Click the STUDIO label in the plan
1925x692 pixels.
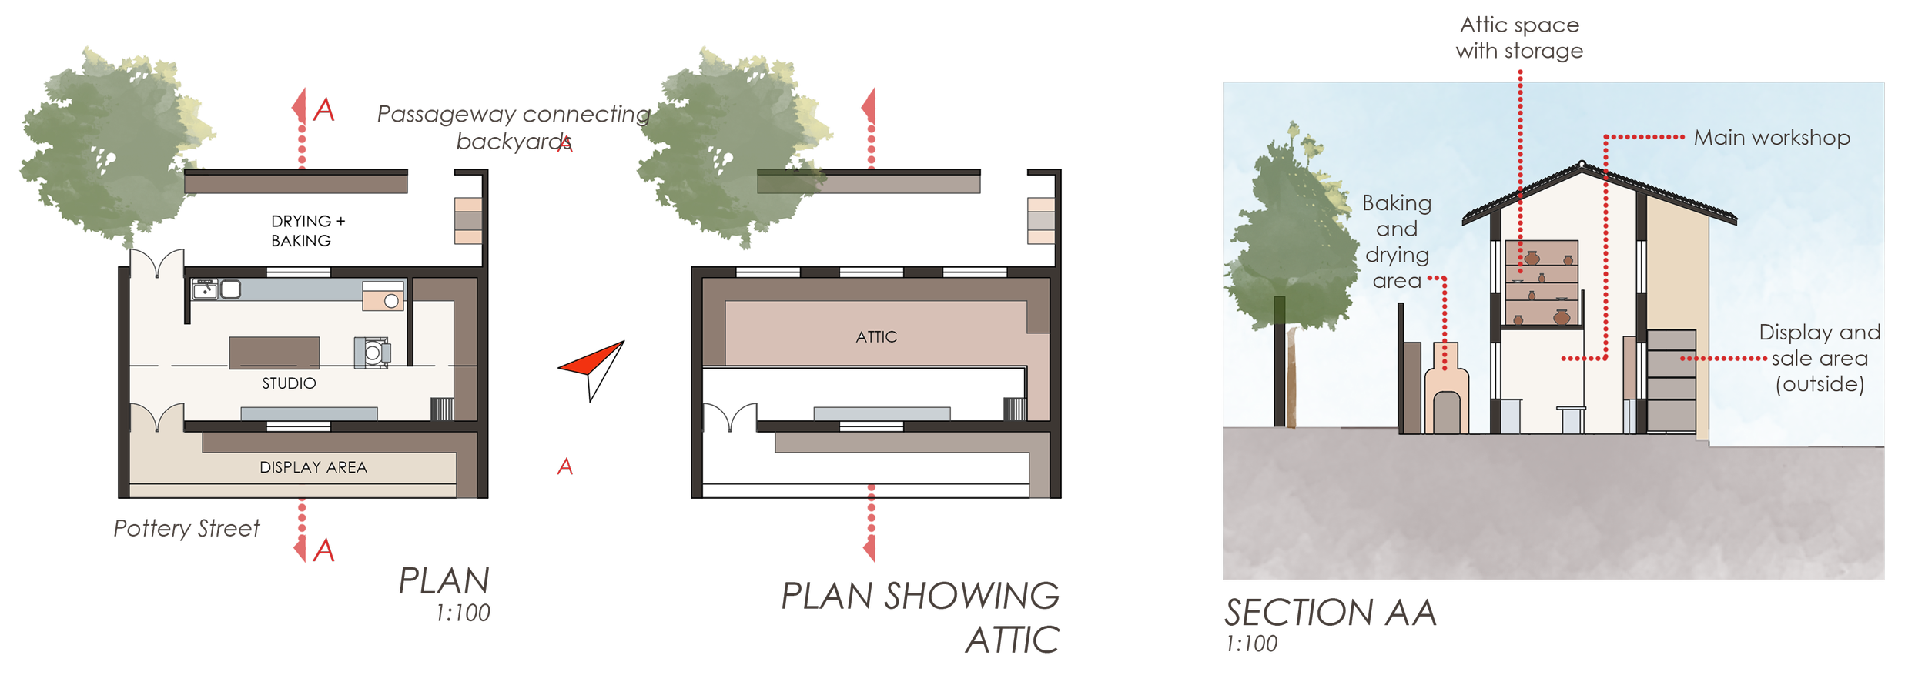tap(289, 383)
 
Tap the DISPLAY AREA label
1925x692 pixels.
tap(313, 467)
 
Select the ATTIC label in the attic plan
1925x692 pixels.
tap(876, 337)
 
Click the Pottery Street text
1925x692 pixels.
tap(186, 529)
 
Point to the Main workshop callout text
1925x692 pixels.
tap(1771, 139)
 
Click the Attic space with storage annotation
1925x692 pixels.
tap(1519, 38)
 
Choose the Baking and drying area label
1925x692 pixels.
tap(1397, 242)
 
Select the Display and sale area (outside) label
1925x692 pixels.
tap(1820, 358)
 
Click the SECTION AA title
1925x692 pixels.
tap(1330, 613)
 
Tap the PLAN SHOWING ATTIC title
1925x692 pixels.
tap(921, 616)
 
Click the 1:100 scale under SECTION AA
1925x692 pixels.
tap(1252, 644)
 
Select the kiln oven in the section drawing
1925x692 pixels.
tap(1446, 393)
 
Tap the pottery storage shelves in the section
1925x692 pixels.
tap(1542, 283)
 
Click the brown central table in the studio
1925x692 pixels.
tap(274, 353)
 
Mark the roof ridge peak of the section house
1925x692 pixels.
tap(1582, 164)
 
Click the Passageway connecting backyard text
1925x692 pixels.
tap(514, 127)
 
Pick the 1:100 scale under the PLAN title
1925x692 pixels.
tap(463, 613)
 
